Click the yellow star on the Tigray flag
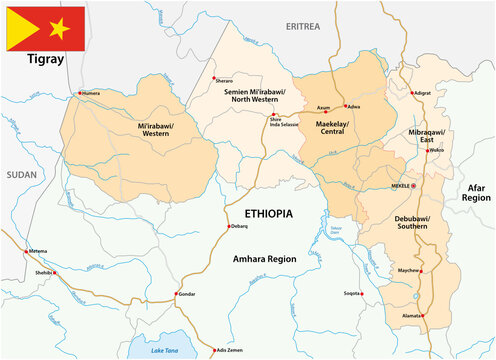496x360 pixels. click(x=59, y=28)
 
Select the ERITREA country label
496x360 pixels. click(x=304, y=25)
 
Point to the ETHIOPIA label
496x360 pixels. click(x=270, y=214)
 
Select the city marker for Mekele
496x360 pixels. click(x=415, y=186)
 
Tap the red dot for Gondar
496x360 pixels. click(x=177, y=294)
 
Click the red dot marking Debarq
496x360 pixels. click(x=227, y=227)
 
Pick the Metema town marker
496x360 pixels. click(x=27, y=251)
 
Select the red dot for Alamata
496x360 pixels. click(x=423, y=316)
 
